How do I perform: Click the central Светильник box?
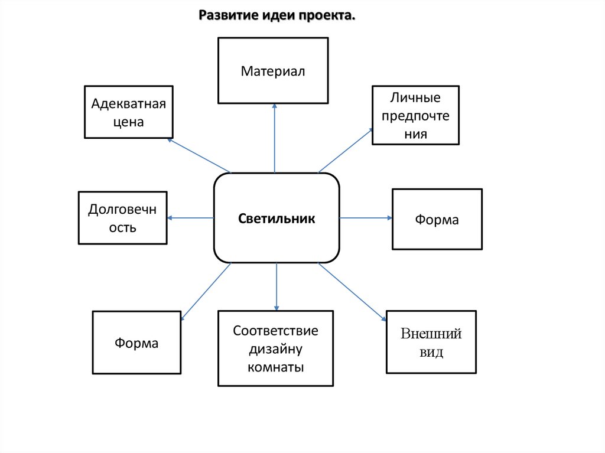277,219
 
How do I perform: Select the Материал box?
273,71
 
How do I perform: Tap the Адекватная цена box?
129,112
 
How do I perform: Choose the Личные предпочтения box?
415,115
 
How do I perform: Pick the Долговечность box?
122,217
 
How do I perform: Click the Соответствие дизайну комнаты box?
275,348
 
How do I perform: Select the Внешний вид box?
431,343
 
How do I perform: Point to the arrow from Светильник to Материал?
275,139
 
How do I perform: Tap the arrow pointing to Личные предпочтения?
346,149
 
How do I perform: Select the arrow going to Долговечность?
190,218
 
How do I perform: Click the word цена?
128,122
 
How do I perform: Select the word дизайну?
275,349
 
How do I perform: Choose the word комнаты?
275,367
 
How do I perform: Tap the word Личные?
415,96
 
